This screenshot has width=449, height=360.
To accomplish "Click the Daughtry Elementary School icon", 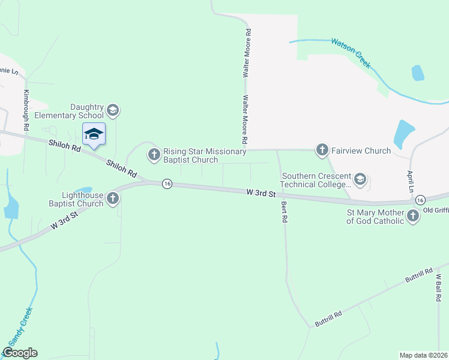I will pos(112,111).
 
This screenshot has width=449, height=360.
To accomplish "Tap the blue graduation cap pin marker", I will pos(94,134).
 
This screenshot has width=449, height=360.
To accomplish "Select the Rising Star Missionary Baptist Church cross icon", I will pos(154,155).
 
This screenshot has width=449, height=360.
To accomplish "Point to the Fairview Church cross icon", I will pos(322,150).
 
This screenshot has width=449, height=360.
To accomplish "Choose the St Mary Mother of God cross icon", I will pos(413,216).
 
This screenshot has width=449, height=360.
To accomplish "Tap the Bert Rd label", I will pos(284,212).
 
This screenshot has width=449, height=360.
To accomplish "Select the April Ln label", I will pos(411,179).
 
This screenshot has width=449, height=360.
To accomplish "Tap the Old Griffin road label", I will pos(436,210).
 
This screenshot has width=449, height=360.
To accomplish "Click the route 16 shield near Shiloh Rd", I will pos(167,184).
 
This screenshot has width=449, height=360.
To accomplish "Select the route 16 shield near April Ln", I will pos(420,199).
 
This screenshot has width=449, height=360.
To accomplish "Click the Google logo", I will pos(20,353).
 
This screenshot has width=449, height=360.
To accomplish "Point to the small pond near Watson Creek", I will pos(418,73).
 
